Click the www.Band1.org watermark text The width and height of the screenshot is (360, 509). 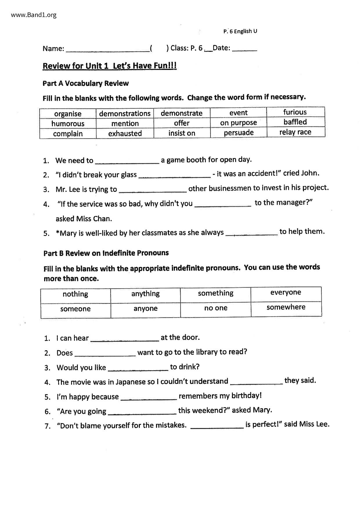tap(34, 15)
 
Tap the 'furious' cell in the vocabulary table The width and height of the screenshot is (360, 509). tap(295, 112)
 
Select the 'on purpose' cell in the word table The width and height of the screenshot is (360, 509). tap(238, 123)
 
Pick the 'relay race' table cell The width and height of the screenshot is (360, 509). tap(295, 132)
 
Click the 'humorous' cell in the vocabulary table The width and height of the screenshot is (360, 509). tap(68, 124)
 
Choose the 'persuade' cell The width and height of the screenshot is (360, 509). tap(239, 133)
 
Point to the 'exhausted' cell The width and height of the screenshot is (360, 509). tap(125, 133)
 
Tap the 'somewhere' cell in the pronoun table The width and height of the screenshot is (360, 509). tap(286, 307)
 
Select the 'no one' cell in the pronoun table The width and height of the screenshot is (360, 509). tap(216, 308)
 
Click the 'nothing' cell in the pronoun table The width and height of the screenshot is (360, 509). tap(75, 294)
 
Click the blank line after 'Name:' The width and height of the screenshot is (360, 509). tap(108, 49)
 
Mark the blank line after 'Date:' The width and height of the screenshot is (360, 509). tap(245, 49)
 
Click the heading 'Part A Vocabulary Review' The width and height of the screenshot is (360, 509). tap(86, 83)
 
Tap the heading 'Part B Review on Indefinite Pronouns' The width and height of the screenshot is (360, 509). tap(106, 253)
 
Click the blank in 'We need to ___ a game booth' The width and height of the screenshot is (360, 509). tap(127, 161)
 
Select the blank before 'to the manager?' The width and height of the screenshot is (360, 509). tap(223, 204)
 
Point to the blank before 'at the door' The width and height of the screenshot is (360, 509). tap(125, 339)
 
